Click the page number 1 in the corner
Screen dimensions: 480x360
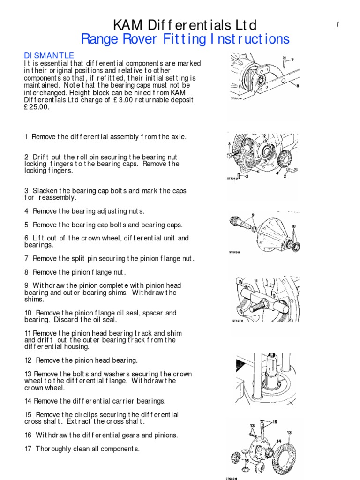pos(337,25)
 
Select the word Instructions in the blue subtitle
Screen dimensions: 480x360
pos(248,39)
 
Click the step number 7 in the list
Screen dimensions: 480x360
pos(27,258)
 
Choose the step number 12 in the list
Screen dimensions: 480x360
pos(28,360)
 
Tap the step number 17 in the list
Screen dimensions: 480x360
pos(28,449)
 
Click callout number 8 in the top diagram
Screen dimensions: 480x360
pos(297,86)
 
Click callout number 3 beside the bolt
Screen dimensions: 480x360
pos(229,143)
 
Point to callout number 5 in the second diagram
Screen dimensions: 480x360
pos(246,178)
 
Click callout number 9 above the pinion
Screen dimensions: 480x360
pos(253,215)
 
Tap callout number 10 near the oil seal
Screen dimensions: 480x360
pos(294,226)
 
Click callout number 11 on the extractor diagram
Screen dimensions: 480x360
pos(256,281)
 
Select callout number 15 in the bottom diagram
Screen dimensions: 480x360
pos(275,422)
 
